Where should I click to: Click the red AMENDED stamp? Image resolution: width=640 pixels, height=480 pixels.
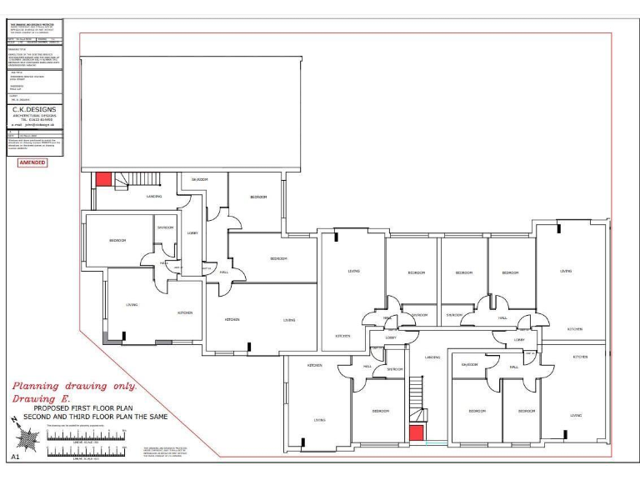[x=32, y=162]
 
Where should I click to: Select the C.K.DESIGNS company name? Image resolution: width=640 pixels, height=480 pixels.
[x=34, y=109]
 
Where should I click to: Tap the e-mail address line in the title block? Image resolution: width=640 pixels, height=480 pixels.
[x=34, y=124]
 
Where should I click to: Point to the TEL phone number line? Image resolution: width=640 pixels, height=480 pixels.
[x=34, y=119]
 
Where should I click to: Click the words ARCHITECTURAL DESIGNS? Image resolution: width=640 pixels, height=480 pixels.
[x=34, y=115]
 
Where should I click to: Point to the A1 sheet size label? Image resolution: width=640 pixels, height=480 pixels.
[x=15, y=457]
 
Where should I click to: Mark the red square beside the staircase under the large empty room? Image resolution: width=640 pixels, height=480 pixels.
[x=103, y=178]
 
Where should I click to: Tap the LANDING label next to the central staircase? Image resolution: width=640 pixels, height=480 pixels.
[x=432, y=357]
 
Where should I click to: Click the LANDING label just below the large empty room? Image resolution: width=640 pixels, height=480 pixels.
[x=153, y=197]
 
